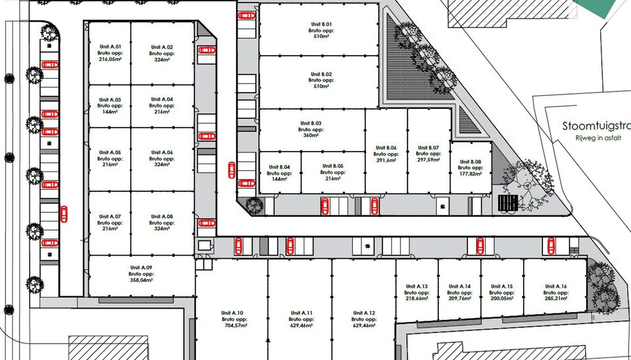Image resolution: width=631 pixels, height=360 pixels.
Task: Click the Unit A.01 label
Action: coord(110,47)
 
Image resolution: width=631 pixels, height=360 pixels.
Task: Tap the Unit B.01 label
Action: coord(321,24)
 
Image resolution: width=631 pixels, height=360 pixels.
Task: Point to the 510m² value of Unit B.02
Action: coord(321,86)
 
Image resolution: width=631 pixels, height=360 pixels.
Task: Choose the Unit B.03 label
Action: coord(311,124)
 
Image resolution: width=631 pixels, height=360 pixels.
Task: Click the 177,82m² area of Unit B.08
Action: coord(470,174)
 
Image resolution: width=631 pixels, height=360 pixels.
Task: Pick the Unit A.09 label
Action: coord(141,268)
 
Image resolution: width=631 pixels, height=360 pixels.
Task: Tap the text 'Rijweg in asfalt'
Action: coord(598,138)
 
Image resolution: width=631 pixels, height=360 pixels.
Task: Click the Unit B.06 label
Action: coord(386,148)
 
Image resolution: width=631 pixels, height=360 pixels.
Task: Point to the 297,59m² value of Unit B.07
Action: coord(428,160)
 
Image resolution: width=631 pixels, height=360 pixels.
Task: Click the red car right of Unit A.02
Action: coord(206,51)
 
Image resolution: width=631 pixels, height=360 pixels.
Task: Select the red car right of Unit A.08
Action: coord(206,223)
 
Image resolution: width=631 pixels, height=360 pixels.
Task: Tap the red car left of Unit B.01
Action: coord(246,16)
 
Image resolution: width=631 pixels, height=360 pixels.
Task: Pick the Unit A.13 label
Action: coord(417,286)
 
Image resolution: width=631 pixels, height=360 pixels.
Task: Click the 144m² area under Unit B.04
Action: coord(279,179)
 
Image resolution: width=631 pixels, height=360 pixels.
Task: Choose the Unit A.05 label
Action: coord(110,153)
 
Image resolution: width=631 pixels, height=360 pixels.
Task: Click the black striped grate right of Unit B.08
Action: coord(508,203)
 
